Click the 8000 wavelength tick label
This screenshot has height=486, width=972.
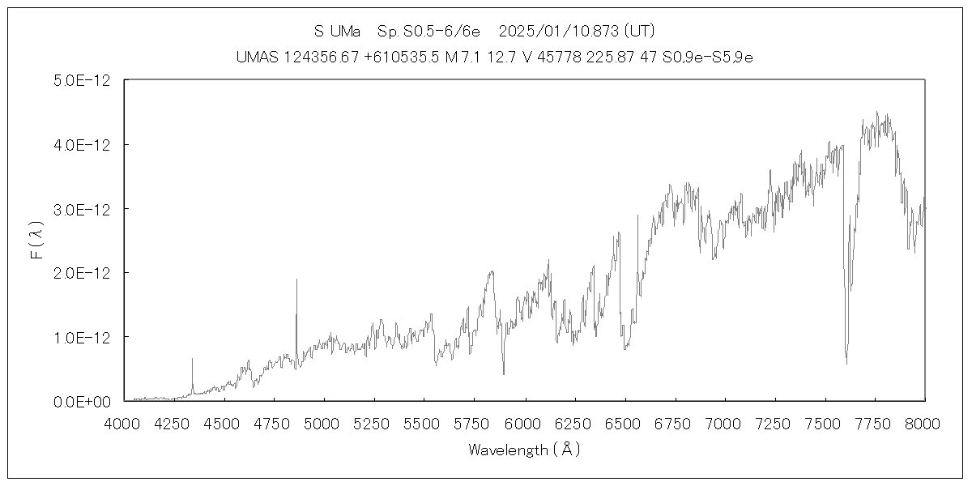tap(925, 422)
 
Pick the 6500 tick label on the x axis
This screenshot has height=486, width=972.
tap(625, 422)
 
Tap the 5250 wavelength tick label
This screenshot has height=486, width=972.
tap(374, 422)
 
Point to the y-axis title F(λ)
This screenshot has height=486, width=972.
tap(37, 241)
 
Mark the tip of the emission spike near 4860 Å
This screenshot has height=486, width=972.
tap(296, 279)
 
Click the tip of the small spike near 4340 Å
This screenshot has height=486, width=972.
tap(192, 358)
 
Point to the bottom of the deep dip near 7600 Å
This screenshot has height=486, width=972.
tap(846, 364)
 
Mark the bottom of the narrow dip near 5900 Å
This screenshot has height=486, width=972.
tap(504, 374)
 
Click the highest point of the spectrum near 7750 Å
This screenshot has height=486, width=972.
tap(877, 113)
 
